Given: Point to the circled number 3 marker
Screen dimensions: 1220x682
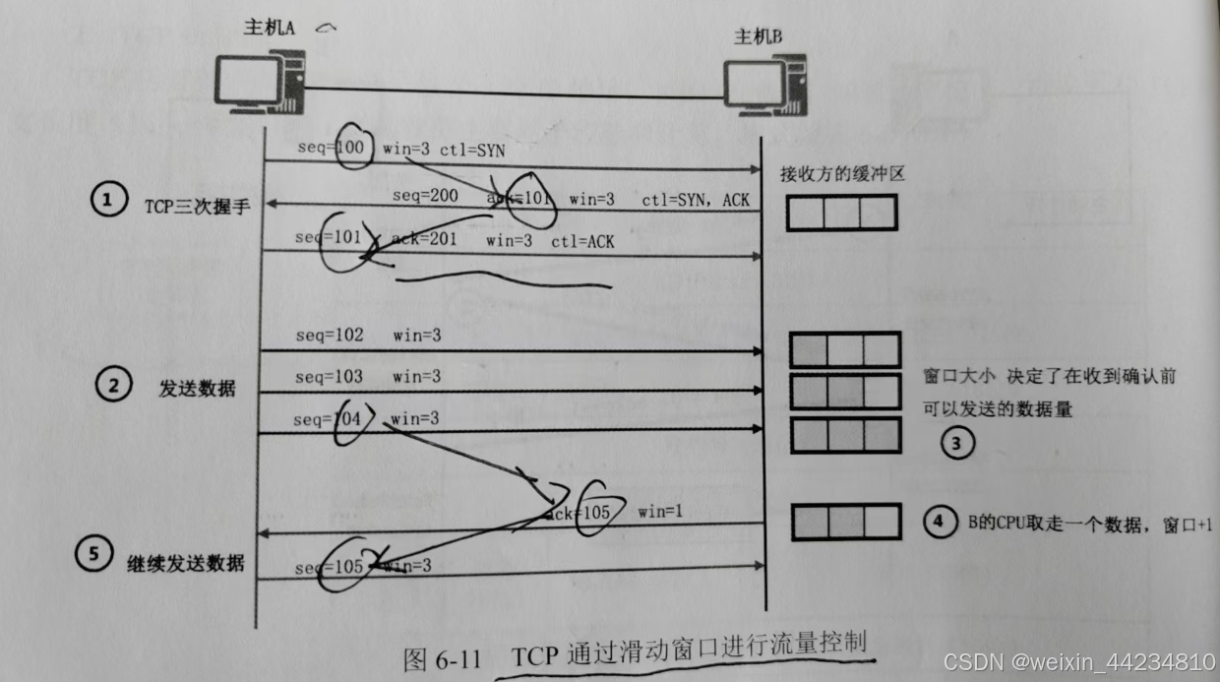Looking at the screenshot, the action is tap(956, 444).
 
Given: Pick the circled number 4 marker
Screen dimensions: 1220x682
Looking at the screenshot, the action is tap(937, 523).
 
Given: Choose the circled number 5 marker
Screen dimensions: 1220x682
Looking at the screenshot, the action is tap(93, 554).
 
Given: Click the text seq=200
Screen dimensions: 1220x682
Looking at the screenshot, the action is tap(425, 196).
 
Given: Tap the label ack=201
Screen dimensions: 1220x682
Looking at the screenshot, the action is tap(425, 240).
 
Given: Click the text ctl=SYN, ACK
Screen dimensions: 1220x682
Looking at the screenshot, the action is tap(696, 200).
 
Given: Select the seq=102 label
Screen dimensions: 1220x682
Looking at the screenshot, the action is tap(329, 336).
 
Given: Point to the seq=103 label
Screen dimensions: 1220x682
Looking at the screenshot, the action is tap(329, 377).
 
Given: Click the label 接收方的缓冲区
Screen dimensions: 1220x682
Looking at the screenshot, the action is tap(841, 174).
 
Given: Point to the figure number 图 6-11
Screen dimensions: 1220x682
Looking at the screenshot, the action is tap(443, 657).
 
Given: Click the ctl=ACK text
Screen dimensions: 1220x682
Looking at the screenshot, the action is tap(582, 241).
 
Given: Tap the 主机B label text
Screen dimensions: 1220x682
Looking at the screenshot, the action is tap(758, 36).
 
